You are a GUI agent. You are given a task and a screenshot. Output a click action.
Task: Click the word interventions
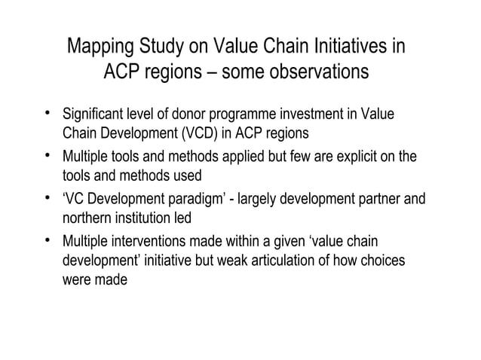click(x=149, y=243)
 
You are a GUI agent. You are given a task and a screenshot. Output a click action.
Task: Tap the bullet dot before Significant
click(x=47, y=114)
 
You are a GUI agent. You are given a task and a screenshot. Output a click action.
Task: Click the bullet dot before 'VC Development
click(x=47, y=200)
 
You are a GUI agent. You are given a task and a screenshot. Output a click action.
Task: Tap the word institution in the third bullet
click(x=138, y=218)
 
